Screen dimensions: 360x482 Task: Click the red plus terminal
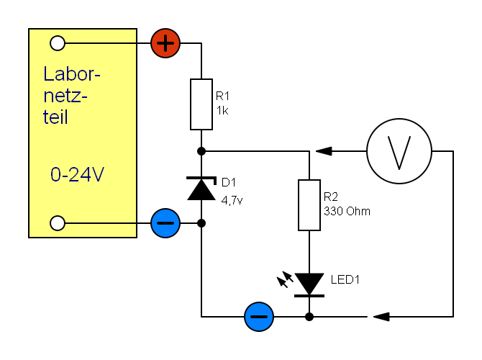[165, 43]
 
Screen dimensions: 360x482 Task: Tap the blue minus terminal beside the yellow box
[165, 223]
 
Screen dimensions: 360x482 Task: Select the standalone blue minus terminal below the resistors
[259, 317]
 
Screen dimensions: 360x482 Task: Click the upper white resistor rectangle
[201, 104]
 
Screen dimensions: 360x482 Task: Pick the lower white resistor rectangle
[309, 205]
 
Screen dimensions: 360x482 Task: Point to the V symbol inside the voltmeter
[399, 152]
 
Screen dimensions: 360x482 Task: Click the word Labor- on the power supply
[71, 74]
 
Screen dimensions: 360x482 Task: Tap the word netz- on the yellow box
[65, 96]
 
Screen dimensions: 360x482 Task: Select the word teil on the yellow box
[55, 117]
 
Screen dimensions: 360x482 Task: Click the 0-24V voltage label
[77, 175]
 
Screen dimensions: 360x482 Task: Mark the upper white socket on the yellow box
[58, 43]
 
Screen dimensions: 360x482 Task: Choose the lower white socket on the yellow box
[58, 223]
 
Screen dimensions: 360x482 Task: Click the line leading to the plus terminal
[108, 43]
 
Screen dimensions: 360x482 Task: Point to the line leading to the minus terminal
[108, 223]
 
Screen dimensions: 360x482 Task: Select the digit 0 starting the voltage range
[55, 175]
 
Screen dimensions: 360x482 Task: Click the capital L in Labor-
[47, 74]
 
